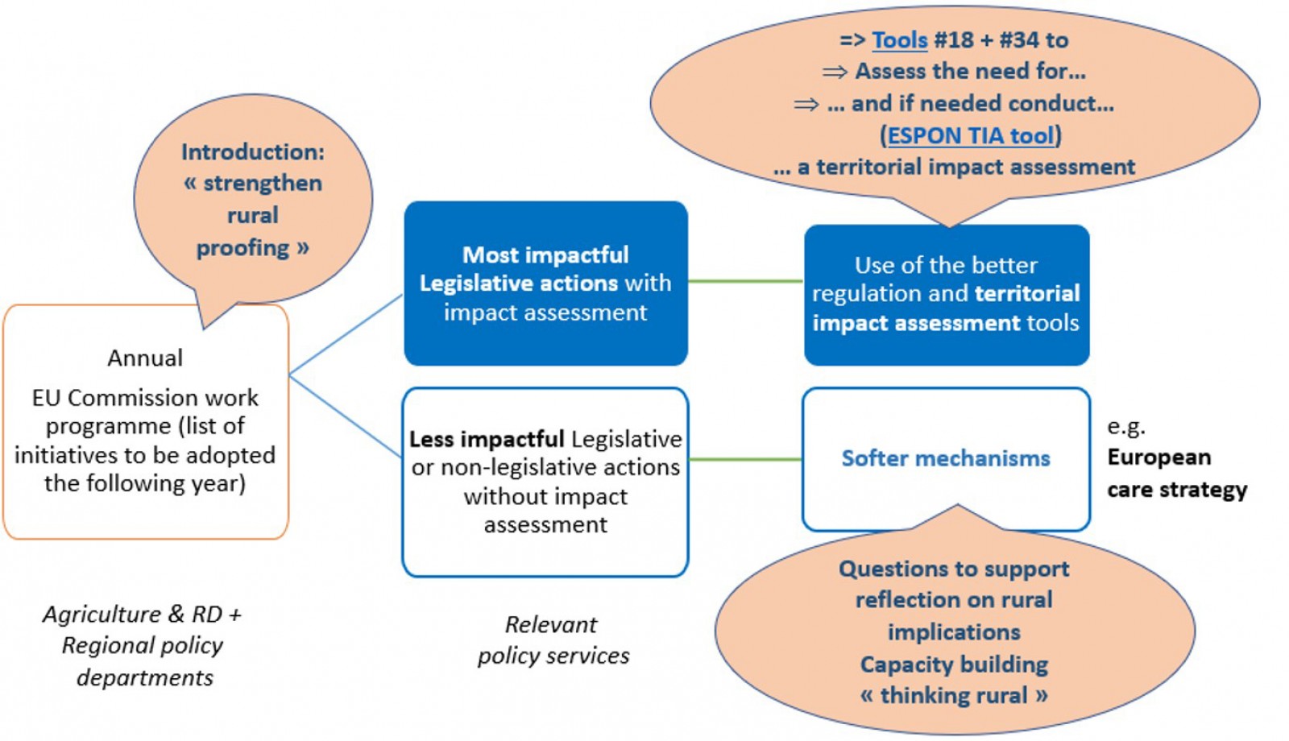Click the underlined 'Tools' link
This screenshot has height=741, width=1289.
pyautogui.click(x=900, y=40)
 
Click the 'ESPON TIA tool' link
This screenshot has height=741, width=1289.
pyautogui.click(x=971, y=135)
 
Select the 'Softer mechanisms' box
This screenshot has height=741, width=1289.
pyautogui.click(x=946, y=458)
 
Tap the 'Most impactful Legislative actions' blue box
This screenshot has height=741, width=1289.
pyautogui.click(x=545, y=283)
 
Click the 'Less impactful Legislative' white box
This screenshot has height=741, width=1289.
pyautogui.click(x=545, y=482)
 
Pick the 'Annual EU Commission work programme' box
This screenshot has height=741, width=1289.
pyautogui.click(x=145, y=422)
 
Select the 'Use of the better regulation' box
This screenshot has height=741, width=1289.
pyautogui.click(x=946, y=294)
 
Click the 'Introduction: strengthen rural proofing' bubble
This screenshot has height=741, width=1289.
pyautogui.click(x=252, y=200)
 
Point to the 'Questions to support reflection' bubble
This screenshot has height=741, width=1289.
pyautogui.click(x=954, y=631)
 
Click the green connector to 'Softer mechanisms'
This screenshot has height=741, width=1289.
pyautogui.click(x=745, y=460)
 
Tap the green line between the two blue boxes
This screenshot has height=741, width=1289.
pyautogui.click(x=745, y=281)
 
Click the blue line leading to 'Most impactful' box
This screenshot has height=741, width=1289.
pyautogui.click(x=346, y=335)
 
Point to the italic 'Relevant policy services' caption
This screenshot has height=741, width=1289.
pyautogui.click(x=553, y=640)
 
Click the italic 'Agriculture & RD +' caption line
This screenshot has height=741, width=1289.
pyautogui.click(x=142, y=615)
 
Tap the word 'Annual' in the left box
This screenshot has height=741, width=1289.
pyautogui.click(x=145, y=358)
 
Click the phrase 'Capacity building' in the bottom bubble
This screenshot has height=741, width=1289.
pyautogui.click(x=954, y=664)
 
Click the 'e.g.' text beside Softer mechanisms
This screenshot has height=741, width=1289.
pyautogui.click(x=1125, y=426)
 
